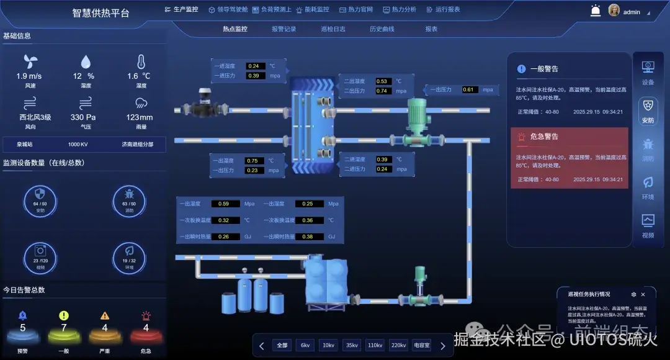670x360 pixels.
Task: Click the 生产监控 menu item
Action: (x=181, y=9)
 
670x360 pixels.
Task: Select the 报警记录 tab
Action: (x=284, y=29)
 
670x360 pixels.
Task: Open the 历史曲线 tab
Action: (x=382, y=29)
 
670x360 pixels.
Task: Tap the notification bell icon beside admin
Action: (x=596, y=11)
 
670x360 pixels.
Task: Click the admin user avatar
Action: (x=614, y=11)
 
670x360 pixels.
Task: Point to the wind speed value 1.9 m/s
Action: (x=29, y=76)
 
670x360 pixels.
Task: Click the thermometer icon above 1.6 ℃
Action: (x=141, y=61)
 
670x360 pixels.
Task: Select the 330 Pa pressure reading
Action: (x=83, y=117)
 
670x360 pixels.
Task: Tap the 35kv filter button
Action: (x=352, y=346)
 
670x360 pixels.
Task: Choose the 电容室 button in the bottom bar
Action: (x=422, y=346)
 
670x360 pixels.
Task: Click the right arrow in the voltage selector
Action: (x=442, y=346)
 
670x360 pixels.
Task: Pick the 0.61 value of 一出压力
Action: (x=468, y=90)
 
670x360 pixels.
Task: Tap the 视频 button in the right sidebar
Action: (x=648, y=226)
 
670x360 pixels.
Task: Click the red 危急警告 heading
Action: (x=544, y=136)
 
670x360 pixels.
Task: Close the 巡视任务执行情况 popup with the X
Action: (x=643, y=294)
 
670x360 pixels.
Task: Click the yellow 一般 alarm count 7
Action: (x=64, y=328)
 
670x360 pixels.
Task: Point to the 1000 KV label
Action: (x=78, y=144)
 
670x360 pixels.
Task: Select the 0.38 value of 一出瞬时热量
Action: (x=308, y=236)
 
